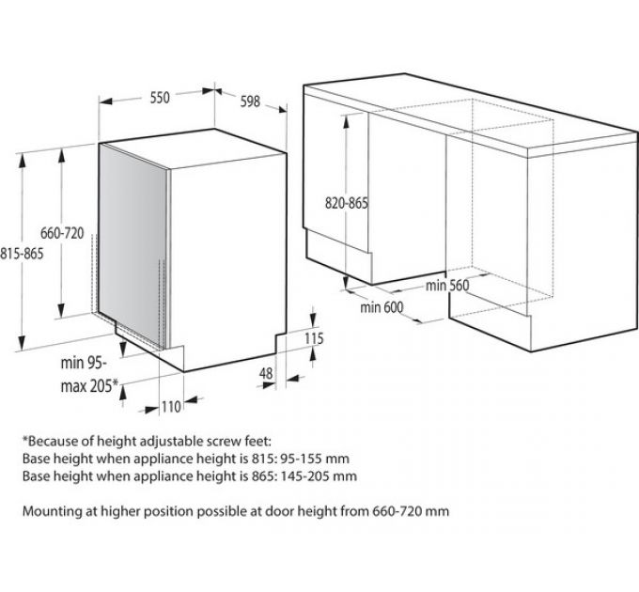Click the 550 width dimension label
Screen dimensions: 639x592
[x=160, y=98]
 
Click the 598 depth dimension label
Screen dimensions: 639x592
[x=250, y=101]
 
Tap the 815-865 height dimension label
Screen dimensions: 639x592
[x=22, y=254]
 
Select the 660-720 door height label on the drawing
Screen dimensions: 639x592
[x=62, y=233]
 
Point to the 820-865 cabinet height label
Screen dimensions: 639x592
[x=347, y=202]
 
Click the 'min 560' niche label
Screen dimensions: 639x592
[x=447, y=286]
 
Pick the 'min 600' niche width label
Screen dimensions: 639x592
[x=382, y=306]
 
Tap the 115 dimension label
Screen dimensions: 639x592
[x=314, y=338]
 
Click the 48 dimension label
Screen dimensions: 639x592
[x=266, y=373]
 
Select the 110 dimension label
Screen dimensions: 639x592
[x=171, y=406]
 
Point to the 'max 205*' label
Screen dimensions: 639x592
[x=89, y=385]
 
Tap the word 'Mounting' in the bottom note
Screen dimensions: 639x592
[x=53, y=511]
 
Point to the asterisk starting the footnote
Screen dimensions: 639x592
[x=25, y=439]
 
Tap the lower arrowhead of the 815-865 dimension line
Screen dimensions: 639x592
[x=22, y=343]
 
